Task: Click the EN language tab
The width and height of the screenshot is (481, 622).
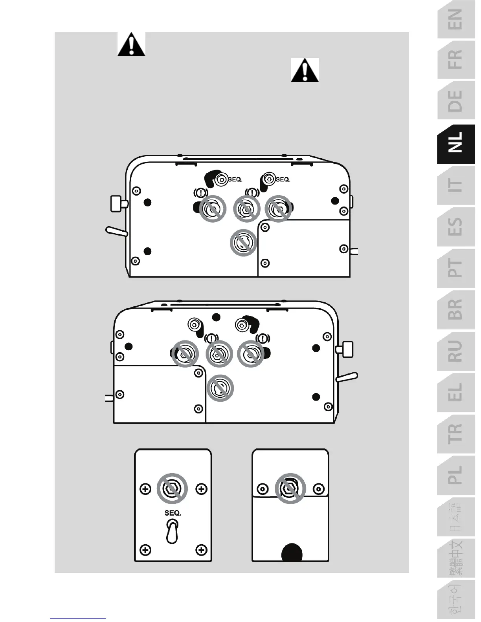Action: coord(456,20)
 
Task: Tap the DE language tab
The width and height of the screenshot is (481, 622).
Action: coord(456,101)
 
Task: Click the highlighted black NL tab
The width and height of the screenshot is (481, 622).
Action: coord(456,143)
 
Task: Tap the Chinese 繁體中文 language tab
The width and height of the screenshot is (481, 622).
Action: coord(456,558)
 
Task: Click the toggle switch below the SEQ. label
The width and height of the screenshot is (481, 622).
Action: coord(173,531)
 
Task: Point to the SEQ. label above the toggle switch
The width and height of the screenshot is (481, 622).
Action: coord(173,513)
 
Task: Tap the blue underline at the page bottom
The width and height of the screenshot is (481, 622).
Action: coord(78,618)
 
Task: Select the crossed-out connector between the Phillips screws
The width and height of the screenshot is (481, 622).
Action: coord(173,489)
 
